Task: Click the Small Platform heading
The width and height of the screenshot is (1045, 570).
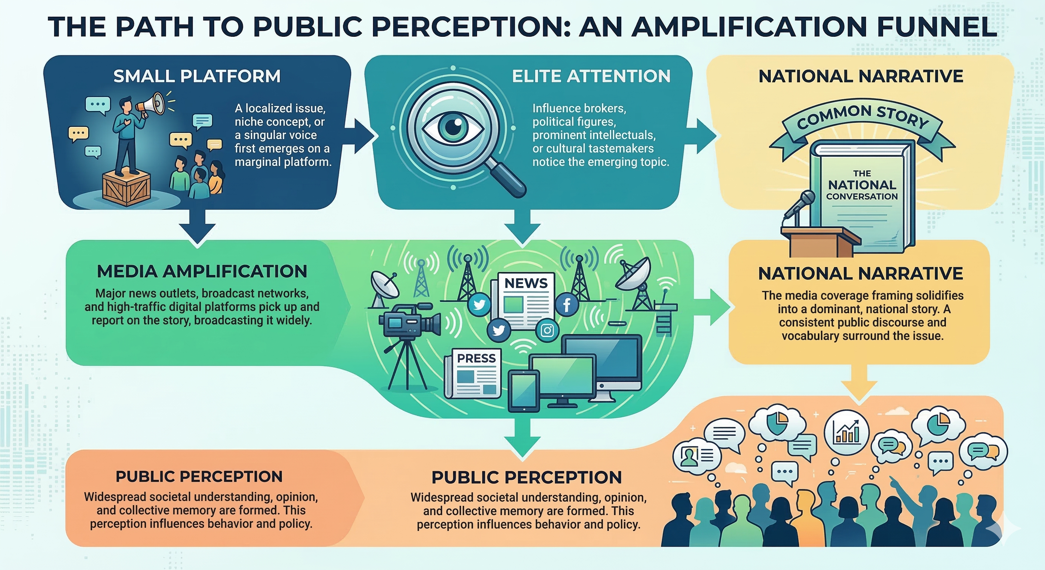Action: point(197,76)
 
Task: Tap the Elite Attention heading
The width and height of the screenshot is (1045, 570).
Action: point(591,76)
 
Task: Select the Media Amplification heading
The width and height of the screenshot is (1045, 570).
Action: point(202,271)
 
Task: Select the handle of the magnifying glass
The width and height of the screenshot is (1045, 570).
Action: point(507,178)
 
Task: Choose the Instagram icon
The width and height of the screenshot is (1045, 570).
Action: point(547,330)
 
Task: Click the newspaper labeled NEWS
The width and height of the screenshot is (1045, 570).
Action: point(523,300)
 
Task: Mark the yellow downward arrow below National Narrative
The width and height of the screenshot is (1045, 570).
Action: point(859,386)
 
